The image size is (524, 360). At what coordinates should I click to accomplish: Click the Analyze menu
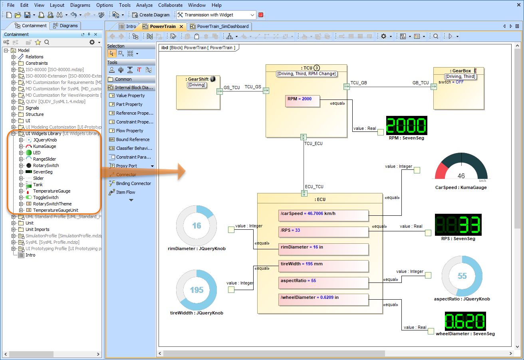pos(144,5)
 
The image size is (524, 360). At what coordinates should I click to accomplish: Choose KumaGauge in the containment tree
pos(44,146)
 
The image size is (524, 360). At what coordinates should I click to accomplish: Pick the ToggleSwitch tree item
pos(46,197)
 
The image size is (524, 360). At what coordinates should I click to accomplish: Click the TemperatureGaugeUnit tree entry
pos(55,210)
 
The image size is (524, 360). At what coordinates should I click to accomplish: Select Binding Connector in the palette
pos(133,183)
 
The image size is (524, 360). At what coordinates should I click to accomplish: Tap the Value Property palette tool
pos(130,95)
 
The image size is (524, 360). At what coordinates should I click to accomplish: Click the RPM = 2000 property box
pos(303,101)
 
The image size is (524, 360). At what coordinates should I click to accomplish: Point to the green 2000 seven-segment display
pos(407,126)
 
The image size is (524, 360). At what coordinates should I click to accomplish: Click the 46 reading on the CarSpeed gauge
pos(461,176)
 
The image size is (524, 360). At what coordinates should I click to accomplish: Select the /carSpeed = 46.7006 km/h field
pos(323,216)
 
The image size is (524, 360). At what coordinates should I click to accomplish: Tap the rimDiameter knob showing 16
pos(196,226)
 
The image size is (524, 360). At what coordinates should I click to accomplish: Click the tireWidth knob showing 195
pos(196,290)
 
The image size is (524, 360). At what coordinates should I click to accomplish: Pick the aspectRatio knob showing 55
pos(462,276)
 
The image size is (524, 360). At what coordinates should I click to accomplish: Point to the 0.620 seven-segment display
pos(465,321)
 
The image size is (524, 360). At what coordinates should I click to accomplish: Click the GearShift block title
pos(198,79)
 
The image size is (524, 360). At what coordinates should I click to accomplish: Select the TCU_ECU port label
pos(313,143)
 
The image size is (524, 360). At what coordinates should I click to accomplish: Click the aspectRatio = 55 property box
pos(323,283)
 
